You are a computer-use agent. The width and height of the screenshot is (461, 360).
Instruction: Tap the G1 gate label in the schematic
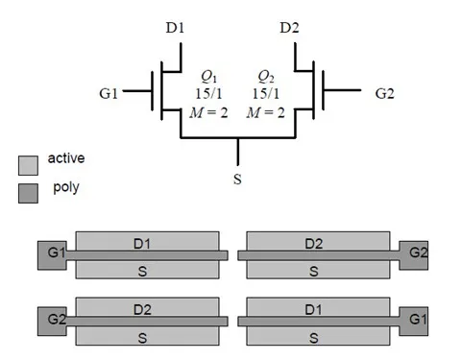109,94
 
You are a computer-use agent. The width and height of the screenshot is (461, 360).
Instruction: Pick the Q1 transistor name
207,76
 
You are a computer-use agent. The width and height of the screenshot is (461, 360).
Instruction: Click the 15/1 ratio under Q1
207,94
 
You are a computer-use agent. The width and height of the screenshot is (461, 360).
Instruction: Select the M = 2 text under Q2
267,112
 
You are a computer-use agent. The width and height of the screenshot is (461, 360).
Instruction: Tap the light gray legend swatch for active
28,164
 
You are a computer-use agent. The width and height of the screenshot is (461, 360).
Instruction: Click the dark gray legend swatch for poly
28,190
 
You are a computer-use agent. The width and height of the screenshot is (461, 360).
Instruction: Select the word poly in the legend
64,186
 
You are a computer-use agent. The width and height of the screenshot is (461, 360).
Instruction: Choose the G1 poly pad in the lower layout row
415,319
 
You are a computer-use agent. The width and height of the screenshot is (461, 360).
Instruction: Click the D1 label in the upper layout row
141,243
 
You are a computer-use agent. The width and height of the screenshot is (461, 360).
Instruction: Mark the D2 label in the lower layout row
141,308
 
